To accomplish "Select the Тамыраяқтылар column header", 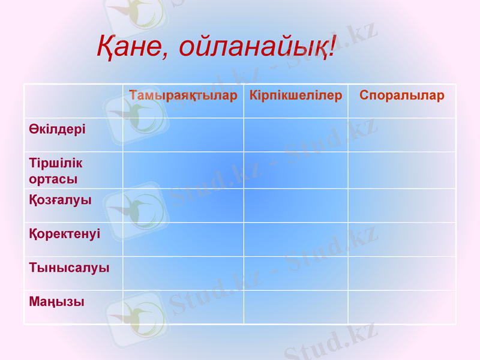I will [183, 95].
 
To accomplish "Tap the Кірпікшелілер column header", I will [296, 95].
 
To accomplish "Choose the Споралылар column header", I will [402, 95].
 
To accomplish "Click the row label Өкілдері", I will [57, 129].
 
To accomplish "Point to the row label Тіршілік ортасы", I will [56, 171].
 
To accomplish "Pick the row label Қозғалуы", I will [60, 200].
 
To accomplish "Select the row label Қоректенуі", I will [65, 234].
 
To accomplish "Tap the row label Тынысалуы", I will [69, 268].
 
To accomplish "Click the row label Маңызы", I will [56, 302].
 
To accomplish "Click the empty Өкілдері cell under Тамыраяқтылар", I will [183, 135].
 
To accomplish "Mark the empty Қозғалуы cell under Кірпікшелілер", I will [296, 205].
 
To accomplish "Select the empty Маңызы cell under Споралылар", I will [402, 307].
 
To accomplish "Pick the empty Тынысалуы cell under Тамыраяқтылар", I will [183, 273].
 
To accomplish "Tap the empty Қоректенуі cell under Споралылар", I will [402, 239].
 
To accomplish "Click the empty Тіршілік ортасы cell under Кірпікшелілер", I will [296, 170].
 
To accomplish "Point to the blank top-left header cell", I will [73, 101].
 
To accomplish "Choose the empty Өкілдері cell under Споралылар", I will [402, 135].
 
